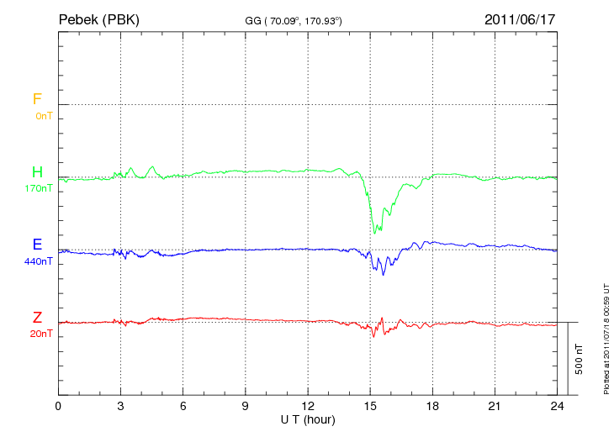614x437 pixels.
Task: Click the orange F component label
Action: [37, 99]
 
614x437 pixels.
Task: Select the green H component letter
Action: [37, 172]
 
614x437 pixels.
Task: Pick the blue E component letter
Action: [37, 245]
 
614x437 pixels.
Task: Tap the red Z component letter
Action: [37, 317]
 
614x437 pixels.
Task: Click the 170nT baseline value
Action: [40, 188]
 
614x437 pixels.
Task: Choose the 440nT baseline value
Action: [40, 261]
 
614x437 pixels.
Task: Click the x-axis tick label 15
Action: [370, 407]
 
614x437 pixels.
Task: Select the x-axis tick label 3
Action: [121, 407]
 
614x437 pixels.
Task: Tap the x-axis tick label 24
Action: [558, 407]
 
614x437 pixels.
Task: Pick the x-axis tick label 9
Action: [246, 407]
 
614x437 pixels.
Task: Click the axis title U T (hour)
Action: [308, 419]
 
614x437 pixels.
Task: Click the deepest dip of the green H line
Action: [374, 233]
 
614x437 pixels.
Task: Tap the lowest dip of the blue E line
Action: [384, 275]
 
